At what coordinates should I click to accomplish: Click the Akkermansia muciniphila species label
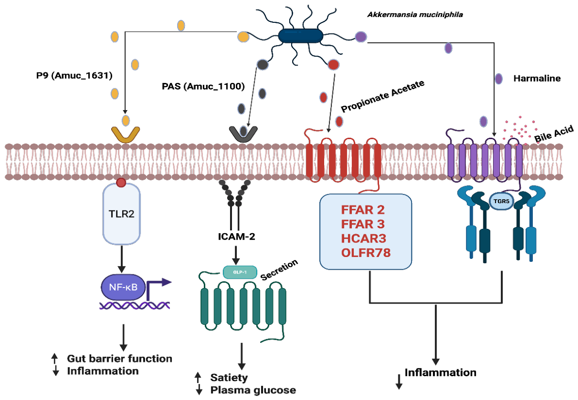(x=415, y=15)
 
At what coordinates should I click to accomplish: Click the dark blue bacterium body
(x=300, y=36)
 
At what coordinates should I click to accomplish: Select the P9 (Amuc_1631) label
(x=74, y=76)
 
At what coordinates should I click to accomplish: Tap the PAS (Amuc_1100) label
(x=203, y=86)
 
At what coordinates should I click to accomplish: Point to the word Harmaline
(x=537, y=78)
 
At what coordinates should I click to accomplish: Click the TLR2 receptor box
(x=121, y=213)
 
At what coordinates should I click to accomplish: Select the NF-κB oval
(x=123, y=287)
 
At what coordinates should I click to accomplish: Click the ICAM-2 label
(x=236, y=237)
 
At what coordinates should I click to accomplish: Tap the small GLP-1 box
(x=240, y=272)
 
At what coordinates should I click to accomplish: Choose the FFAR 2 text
(x=363, y=209)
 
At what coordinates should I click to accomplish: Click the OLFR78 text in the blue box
(x=365, y=253)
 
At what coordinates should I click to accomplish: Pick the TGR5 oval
(x=501, y=201)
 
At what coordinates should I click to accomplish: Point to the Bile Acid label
(x=554, y=134)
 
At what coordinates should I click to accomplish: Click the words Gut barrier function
(x=119, y=358)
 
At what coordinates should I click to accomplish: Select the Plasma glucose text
(x=253, y=390)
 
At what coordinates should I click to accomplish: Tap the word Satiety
(x=229, y=378)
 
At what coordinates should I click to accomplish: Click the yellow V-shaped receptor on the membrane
(x=125, y=135)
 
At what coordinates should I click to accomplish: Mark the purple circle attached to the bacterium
(x=361, y=36)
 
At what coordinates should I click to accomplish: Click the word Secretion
(x=280, y=270)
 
